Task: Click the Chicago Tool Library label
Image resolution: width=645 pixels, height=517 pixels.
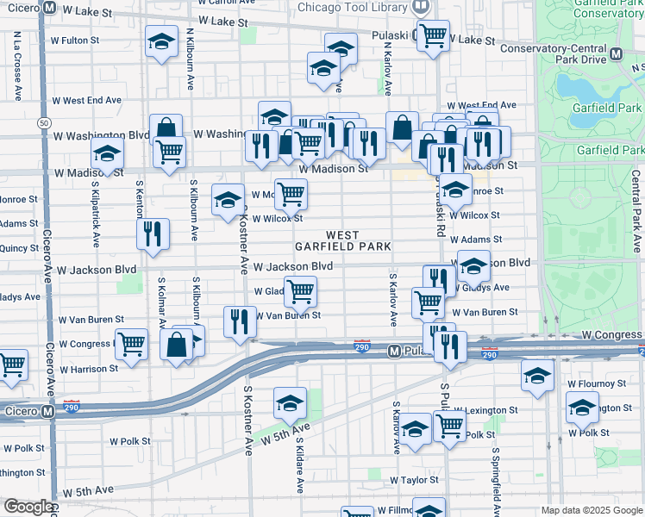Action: pos(353,7)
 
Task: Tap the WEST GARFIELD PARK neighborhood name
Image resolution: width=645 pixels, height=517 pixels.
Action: pos(355,240)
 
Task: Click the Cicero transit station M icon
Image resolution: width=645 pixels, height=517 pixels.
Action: pos(49,412)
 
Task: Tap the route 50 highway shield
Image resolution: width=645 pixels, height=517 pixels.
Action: pos(43,122)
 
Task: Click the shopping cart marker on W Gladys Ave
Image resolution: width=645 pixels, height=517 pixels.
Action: pos(299,291)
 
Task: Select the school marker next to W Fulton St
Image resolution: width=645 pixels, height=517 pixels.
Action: pos(161,41)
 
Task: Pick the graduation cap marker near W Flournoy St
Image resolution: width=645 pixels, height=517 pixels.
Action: pos(537,377)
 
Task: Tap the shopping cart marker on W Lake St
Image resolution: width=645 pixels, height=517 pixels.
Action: pos(433,35)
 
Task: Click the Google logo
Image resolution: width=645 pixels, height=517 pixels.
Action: pos(28,507)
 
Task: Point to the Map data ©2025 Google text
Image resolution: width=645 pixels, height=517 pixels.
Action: pos(591,510)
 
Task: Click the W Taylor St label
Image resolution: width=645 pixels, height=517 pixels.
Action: pos(415,480)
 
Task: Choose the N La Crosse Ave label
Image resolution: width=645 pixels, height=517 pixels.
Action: pos(16,60)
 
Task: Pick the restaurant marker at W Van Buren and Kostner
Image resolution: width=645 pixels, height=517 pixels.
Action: pos(240,321)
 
